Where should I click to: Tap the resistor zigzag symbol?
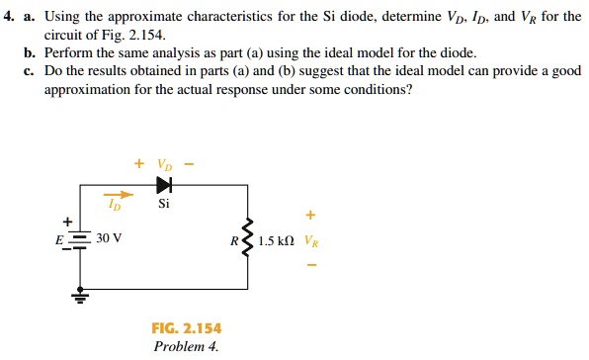(x=247, y=240)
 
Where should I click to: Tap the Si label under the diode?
(x=163, y=205)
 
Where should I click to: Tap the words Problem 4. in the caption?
(x=186, y=345)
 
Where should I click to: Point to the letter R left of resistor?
(x=233, y=240)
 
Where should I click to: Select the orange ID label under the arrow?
(x=116, y=208)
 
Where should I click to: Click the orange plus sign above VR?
(x=311, y=214)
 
